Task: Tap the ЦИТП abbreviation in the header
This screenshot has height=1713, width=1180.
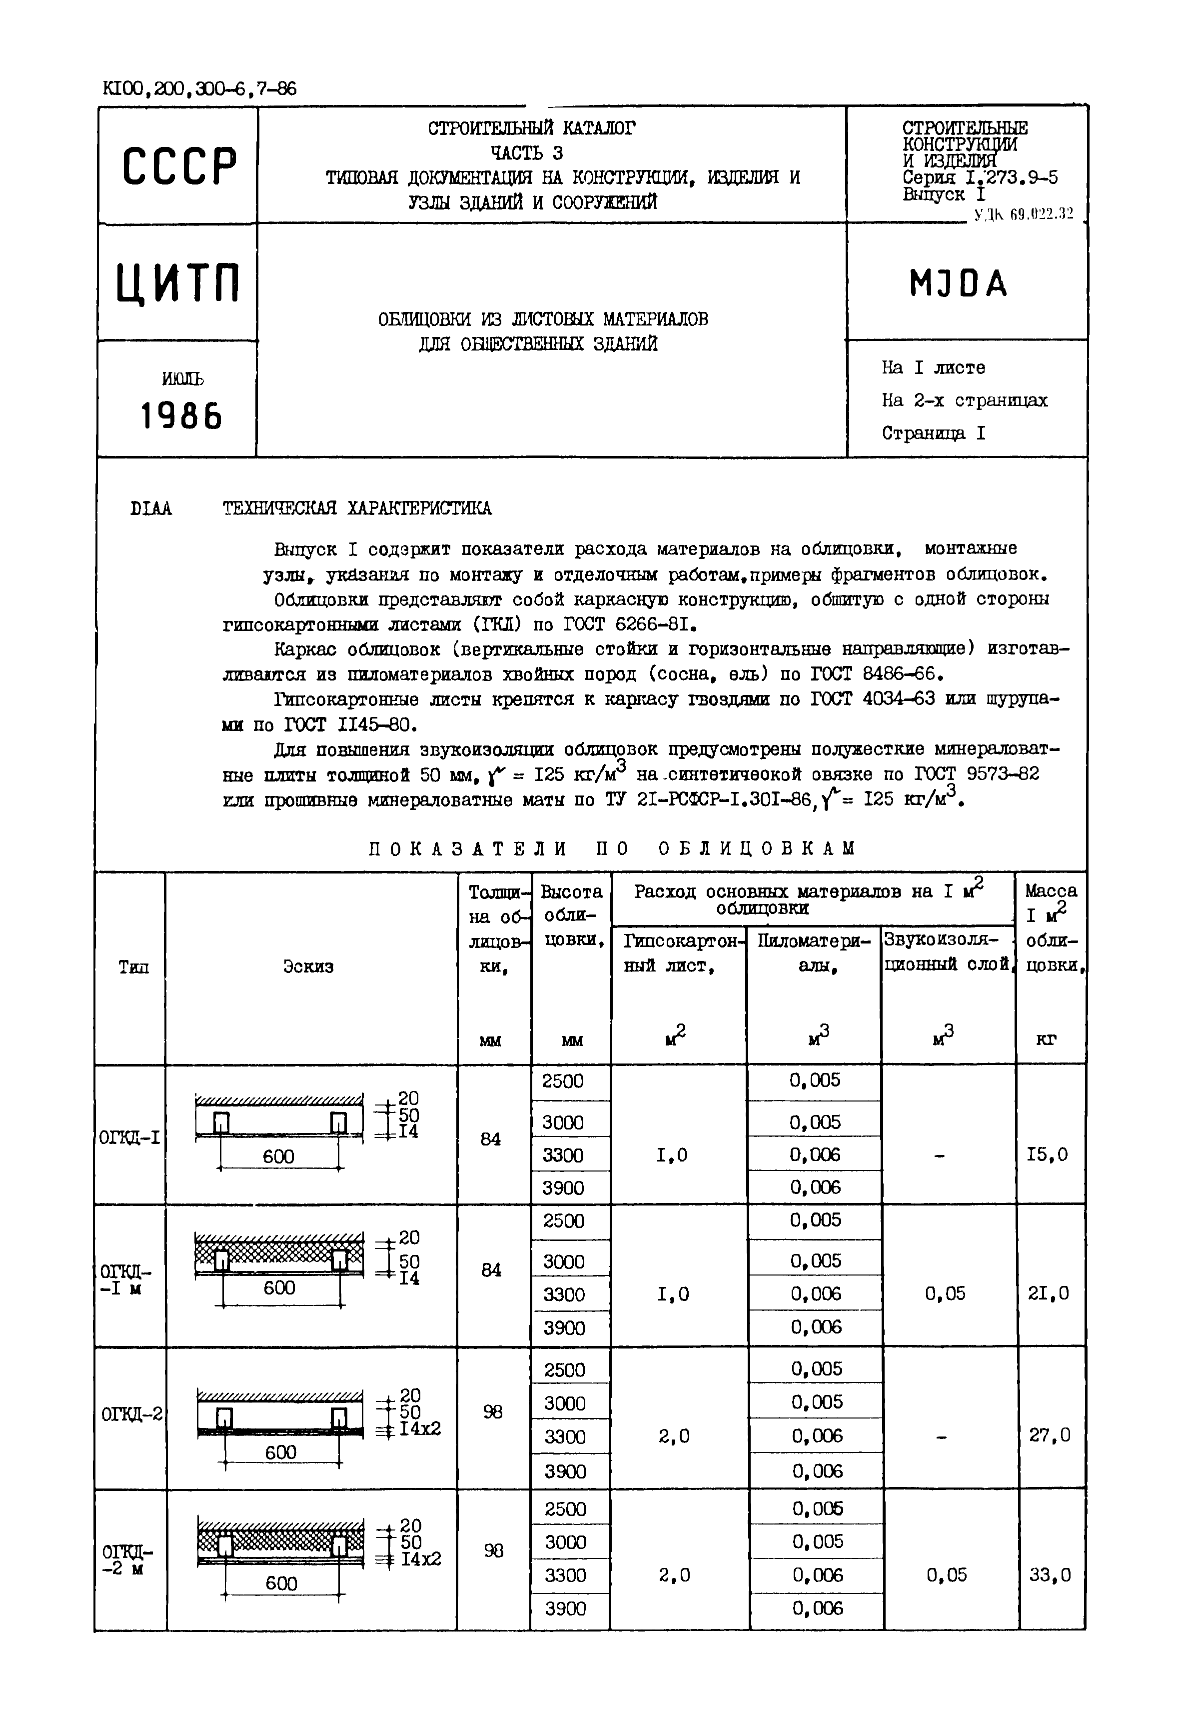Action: pos(178,283)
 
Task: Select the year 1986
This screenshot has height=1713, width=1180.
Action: pos(181,417)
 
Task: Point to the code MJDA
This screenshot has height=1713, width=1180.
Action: pos(958,283)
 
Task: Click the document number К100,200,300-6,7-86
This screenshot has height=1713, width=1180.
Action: pos(199,89)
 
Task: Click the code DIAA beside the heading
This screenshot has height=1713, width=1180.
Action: pos(151,509)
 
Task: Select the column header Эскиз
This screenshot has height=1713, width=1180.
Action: pos(308,966)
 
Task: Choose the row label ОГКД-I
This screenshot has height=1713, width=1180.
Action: pos(129,1137)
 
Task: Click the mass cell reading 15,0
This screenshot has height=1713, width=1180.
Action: pos(1047,1154)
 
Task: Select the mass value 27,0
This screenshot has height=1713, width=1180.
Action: pos(1049,1435)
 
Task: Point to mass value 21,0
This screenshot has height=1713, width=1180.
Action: pos(1049,1293)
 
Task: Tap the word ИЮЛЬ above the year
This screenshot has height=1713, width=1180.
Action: pos(182,378)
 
